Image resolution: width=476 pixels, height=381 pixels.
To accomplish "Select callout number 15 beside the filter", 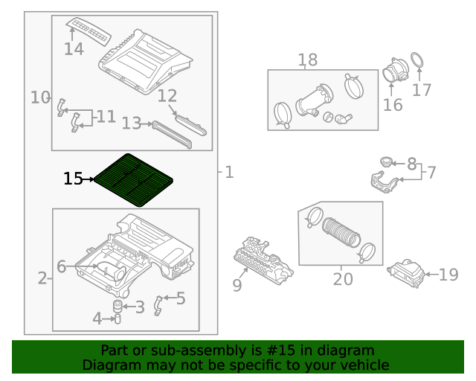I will tap(73, 179).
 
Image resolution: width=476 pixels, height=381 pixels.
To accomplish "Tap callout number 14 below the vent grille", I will tap(74, 50).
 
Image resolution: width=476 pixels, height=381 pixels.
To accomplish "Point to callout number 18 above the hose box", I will tap(307, 60).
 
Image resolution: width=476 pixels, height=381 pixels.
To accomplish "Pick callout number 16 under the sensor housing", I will tap(393, 105).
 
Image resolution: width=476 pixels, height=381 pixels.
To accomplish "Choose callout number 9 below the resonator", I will tap(237, 285).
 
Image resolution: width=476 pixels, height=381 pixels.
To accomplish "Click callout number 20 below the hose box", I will tap(343, 279).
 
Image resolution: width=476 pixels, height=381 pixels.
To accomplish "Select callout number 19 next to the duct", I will tap(448, 275).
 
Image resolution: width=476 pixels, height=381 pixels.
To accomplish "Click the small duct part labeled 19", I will tap(406, 273).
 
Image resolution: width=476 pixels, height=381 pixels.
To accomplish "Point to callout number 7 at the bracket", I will tap(431, 173).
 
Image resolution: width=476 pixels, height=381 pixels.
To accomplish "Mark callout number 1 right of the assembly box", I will tap(229, 173).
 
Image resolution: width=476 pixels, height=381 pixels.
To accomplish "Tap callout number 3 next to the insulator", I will tap(139, 307).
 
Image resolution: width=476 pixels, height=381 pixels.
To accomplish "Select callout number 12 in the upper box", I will tap(167, 96).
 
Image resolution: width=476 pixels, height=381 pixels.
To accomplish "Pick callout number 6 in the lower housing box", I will tap(62, 266).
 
